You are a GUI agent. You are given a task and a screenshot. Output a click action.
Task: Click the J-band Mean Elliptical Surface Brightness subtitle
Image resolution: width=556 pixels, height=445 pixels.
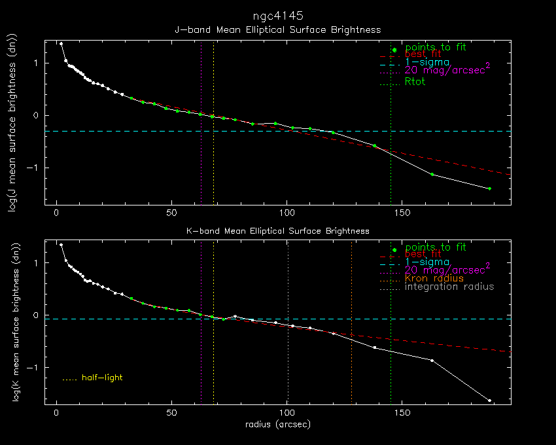tap(277, 30)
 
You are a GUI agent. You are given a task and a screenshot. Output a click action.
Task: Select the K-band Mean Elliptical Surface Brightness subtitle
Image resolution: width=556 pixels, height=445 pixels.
tap(277, 231)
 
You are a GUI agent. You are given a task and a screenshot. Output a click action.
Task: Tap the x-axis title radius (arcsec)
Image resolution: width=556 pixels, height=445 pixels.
tap(277, 425)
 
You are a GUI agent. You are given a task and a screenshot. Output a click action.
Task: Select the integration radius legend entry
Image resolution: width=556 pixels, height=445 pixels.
tap(449, 287)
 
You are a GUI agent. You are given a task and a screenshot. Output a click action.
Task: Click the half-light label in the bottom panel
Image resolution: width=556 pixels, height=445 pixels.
tap(101, 378)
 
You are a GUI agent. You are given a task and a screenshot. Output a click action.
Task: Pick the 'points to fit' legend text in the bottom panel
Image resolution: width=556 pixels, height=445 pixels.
tap(435, 247)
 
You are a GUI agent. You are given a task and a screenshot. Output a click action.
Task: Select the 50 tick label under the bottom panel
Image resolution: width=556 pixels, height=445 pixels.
tap(172, 414)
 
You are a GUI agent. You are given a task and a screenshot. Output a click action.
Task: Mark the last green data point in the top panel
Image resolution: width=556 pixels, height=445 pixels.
tap(489, 188)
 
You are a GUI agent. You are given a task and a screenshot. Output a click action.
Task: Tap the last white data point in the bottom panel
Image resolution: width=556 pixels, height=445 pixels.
tap(489, 400)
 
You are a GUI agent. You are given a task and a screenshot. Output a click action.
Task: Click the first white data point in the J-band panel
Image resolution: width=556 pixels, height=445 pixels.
tap(61, 44)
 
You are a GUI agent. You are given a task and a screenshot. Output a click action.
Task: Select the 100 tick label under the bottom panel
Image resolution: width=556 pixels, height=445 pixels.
tap(287, 414)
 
